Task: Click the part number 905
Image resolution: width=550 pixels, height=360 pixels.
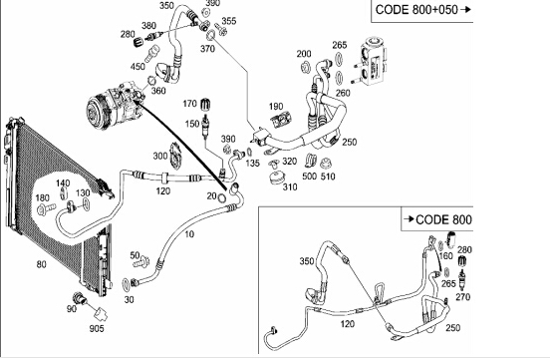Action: coord(97,329)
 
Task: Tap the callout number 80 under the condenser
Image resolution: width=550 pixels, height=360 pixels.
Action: coord(42,264)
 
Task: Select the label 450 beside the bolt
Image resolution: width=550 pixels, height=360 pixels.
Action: coord(137,66)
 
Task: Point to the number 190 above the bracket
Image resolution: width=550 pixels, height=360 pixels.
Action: coord(276,107)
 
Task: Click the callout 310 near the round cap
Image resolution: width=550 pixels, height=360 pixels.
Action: coord(290,187)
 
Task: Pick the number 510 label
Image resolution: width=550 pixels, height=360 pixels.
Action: coord(328,177)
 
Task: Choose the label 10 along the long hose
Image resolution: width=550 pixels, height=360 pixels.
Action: coord(189,234)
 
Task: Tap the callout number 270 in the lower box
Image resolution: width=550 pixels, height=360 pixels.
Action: coord(462,297)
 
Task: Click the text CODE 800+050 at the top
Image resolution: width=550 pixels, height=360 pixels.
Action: coord(416,10)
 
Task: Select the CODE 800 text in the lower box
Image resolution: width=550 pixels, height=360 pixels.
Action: coord(443,219)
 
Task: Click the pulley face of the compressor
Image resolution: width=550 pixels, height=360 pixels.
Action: coord(95,112)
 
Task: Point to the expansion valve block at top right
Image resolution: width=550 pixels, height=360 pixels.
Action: coord(374,62)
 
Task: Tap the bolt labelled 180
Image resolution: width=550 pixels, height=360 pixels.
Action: coord(46,209)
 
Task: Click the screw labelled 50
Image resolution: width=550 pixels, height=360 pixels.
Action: coord(141,261)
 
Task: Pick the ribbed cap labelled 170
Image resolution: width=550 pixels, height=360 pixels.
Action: coord(206,105)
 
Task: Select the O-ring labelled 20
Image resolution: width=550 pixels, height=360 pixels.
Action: coord(221,197)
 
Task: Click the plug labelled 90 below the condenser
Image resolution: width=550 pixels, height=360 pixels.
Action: coord(80,299)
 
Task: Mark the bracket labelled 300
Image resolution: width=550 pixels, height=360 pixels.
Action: coord(175,157)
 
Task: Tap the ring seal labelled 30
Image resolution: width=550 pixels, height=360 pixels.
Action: coord(126,285)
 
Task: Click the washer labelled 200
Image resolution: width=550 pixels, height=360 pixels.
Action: coord(306,67)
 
